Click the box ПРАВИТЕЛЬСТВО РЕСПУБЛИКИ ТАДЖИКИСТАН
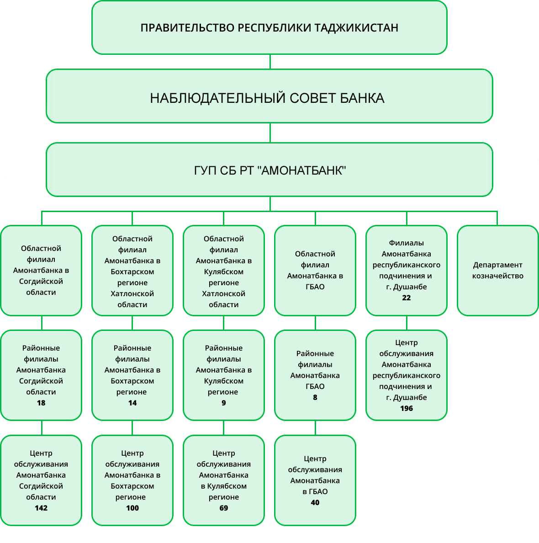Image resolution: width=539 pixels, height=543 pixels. [269, 27]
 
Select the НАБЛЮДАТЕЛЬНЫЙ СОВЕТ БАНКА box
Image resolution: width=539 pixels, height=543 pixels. [269, 97]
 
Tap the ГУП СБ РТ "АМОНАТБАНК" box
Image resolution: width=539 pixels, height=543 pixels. [269, 170]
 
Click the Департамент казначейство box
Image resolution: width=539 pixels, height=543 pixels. [497, 270]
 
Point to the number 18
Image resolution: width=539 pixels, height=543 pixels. [41, 403]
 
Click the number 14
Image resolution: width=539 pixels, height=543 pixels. [132, 403]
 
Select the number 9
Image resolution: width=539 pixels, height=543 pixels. [223, 403]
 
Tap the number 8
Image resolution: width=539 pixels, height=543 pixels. [315, 397]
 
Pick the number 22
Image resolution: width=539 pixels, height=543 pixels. [407, 298]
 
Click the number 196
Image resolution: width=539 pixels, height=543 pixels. [407, 408]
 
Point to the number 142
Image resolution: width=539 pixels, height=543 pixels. [41, 508]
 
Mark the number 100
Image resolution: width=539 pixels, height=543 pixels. [132, 508]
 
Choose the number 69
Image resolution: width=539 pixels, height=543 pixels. [224, 508]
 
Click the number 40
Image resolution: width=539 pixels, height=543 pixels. [315, 502]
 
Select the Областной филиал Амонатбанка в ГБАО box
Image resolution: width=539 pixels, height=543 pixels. [315, 270]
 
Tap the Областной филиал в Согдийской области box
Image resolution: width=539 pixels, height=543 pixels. [41, 270]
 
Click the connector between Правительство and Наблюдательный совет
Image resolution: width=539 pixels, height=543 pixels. [270, 62]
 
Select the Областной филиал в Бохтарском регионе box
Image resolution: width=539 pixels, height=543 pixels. [132, 270]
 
